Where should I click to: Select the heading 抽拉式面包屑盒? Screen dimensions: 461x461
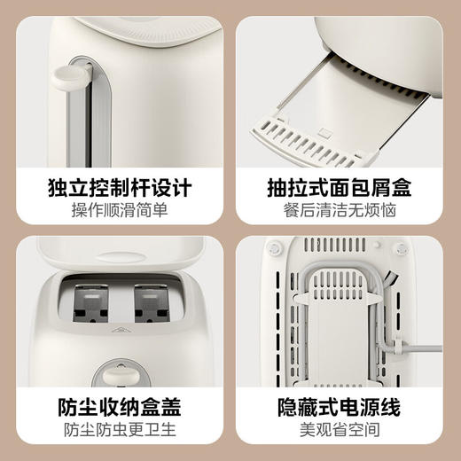point(342,189)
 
